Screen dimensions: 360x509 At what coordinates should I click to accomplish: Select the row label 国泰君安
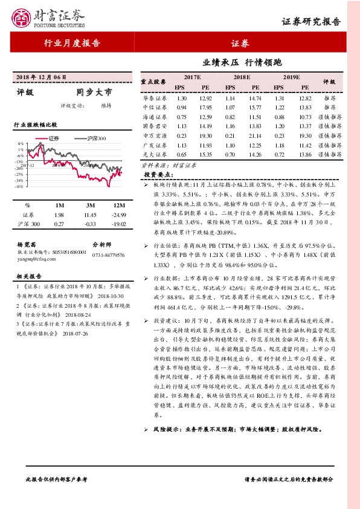(x=155, y=126)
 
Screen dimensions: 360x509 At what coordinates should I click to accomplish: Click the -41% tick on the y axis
(x=20, y=186)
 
